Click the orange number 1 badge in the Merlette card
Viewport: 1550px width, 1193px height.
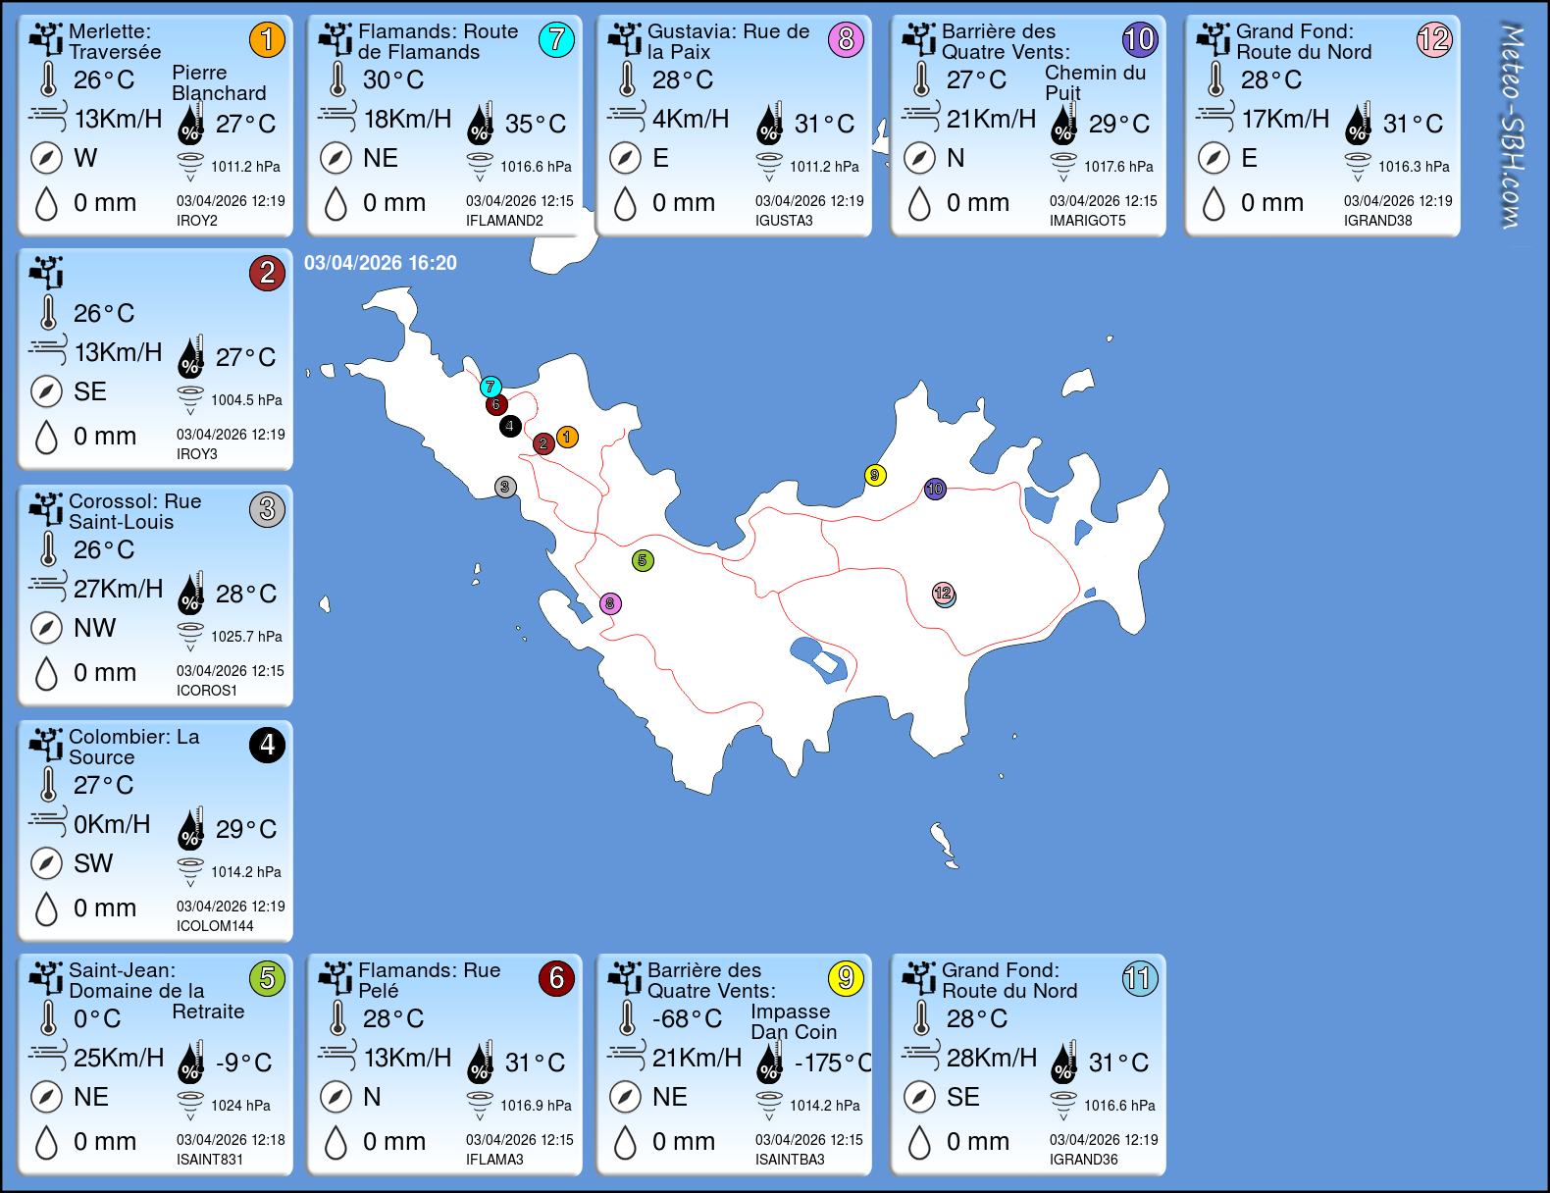267,39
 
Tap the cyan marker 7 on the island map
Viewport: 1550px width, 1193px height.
491,387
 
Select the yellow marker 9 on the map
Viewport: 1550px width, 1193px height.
875,476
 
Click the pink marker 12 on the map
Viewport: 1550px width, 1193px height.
943,593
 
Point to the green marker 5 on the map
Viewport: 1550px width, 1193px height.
643,560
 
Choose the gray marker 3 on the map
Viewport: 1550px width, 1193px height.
504,487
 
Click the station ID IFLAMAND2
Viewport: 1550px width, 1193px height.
504,221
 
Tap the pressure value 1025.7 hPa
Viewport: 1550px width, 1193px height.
246,637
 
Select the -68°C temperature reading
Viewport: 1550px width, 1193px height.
687,1019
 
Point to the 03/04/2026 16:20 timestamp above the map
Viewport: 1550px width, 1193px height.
381,263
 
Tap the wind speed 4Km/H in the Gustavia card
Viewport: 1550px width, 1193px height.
691,119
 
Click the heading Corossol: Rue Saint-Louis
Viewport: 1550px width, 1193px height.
134,511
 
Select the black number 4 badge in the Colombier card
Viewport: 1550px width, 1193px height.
267,746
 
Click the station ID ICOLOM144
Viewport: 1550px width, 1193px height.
215,926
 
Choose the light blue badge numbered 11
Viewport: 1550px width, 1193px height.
1140,978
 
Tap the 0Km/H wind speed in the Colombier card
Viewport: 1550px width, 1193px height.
112,824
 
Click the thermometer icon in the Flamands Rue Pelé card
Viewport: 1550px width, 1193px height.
337,1018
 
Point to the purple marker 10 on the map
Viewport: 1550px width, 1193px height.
935,489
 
